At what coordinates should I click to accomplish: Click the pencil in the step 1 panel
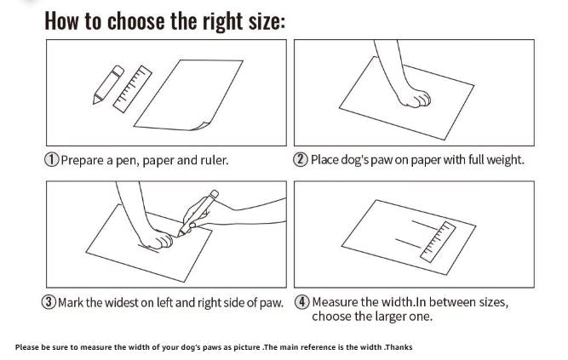(108, 85)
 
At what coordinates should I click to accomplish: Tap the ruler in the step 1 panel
(133, 89)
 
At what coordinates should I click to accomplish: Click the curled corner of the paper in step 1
(199, 126)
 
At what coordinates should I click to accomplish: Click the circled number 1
(51, 159)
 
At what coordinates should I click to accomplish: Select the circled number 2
(301, 159)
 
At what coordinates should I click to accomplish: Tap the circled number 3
(49, 302)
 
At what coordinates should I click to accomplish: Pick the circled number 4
(301, 302)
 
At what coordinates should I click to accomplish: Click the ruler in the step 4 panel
(438, 242)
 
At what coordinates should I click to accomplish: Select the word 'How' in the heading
(61, 20)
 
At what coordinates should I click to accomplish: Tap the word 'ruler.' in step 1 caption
(215, 160)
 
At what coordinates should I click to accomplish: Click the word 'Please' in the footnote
(26, 347)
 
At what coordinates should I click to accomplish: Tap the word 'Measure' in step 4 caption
(335, 302)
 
